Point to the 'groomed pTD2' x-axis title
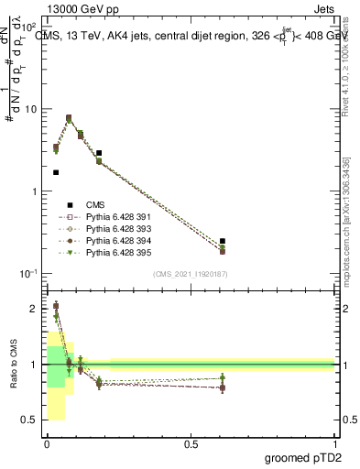pos(301,457)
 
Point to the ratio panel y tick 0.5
pos(30,420)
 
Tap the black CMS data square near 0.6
pos(223,241)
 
